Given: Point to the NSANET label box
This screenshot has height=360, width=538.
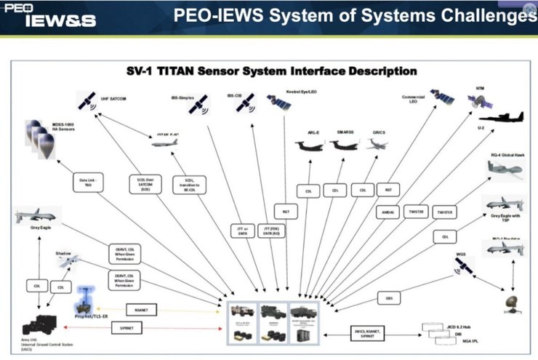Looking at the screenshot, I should tap(136, 308).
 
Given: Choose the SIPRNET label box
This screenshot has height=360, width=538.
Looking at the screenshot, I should tap(127, 329).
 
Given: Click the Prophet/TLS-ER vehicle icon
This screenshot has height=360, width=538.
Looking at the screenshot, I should tap(87, 300).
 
